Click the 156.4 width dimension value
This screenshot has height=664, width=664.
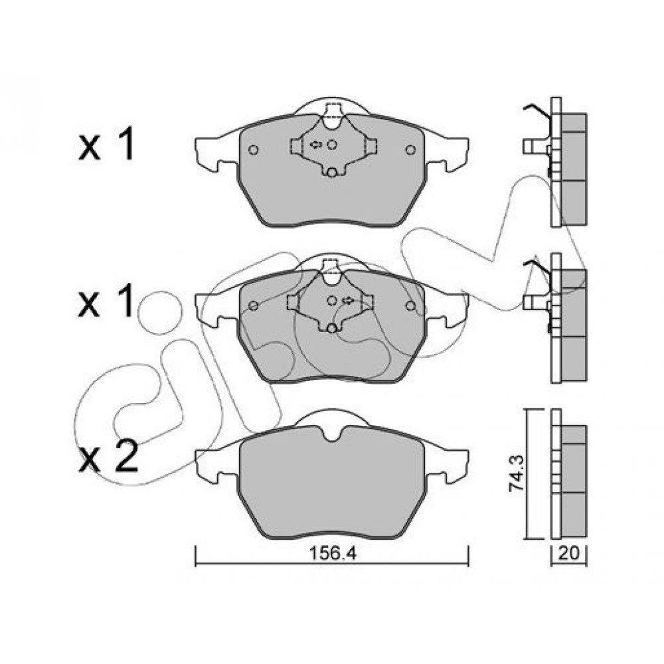click(x=333, y=553)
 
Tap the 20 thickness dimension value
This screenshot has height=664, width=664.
click(x=568, y=554)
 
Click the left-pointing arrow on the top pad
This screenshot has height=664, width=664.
click(x=316, y=145)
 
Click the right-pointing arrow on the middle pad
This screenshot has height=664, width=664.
click(x=348, y=300)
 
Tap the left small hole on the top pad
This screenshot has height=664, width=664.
click(x=254, y=149)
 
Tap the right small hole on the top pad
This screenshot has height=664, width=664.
click(x=410, y=149)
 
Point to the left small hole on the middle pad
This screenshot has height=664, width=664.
click(x=254, y=305)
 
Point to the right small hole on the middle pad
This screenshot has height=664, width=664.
click(x=410, y=305)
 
